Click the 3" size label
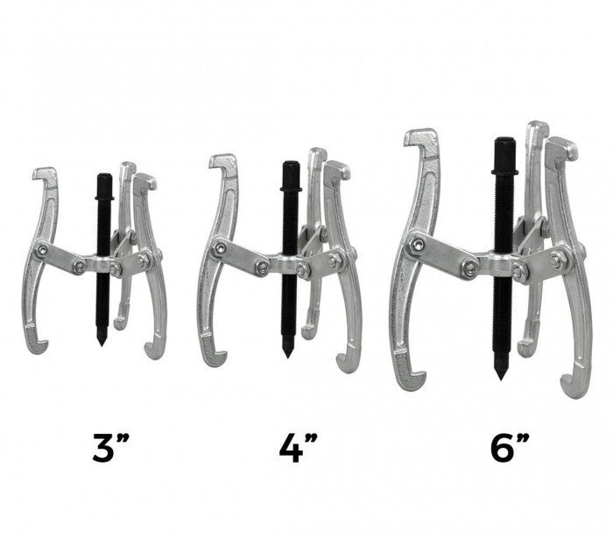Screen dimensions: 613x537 [x=111, y=448]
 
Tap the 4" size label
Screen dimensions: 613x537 [x=298, y=448]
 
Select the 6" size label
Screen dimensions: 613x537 [x=510, y=448]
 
